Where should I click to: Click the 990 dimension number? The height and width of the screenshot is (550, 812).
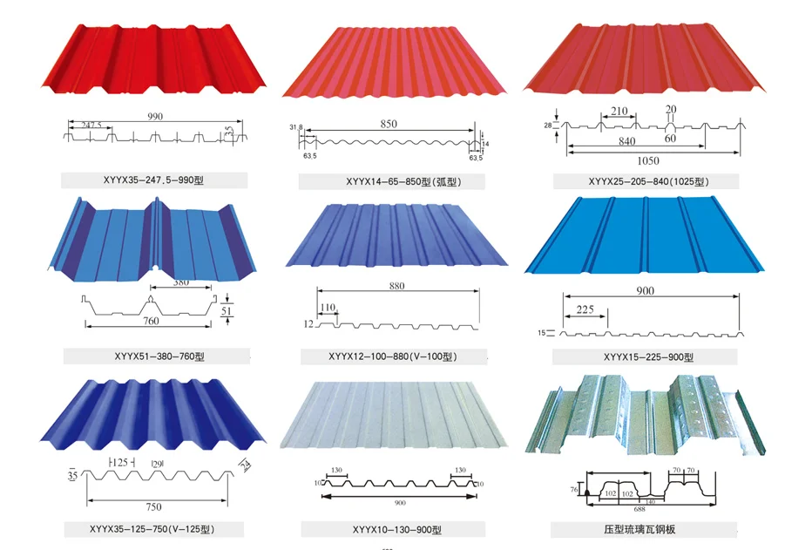click(155, 116)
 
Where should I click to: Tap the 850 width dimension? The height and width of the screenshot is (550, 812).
click(388, 124)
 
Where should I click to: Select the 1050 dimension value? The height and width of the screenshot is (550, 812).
click(648, 160)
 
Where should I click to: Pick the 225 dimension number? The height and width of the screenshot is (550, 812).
click(585, 309)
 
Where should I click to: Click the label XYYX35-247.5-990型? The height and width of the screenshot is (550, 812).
click(153, 181)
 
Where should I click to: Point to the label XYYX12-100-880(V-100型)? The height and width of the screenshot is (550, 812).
click(393, 356)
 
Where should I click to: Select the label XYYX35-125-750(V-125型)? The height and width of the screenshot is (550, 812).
click(153, 529)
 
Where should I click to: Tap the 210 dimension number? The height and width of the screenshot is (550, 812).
click(619, 112)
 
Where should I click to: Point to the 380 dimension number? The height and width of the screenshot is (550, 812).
click(180, 282)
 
